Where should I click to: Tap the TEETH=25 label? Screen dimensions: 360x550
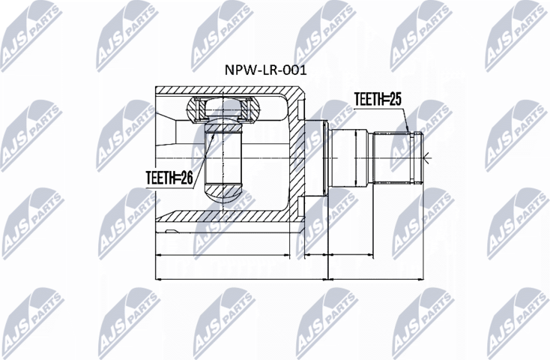pos(378,98)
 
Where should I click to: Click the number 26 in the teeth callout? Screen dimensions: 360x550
pos(188,176)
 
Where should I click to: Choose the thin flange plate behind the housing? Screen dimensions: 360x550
pos(324,157)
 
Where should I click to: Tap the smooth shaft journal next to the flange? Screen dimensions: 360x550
pos(352,157)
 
